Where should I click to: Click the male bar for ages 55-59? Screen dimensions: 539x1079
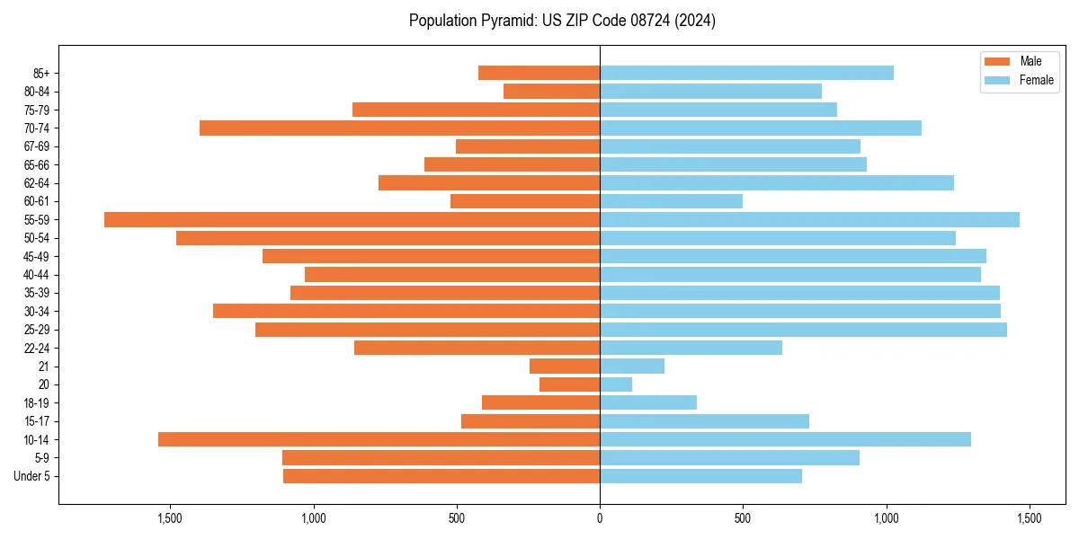(352, 219)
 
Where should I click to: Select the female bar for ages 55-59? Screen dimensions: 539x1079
(809, 219)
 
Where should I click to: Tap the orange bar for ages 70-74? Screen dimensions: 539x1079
(399, 128)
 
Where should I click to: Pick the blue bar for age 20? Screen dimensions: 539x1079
(616, 384)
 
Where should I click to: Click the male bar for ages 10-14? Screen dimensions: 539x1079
(379, 439)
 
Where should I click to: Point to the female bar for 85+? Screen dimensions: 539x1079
(746, 73)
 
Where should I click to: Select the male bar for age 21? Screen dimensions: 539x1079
(565, 366)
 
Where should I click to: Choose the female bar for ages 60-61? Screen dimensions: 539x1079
(671, 201)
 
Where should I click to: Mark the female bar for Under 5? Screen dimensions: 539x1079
(700, 476)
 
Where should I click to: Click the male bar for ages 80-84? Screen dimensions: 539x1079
(551, 91)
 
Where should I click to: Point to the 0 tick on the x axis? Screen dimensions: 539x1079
(600, 518)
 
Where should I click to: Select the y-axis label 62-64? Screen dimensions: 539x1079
(36, 183)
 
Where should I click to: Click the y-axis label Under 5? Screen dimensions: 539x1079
(32, 476)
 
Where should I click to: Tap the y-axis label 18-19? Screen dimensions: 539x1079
(36, 402)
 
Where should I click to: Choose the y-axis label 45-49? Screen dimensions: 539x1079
(36, 256)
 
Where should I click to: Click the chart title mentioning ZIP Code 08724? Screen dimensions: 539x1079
(562, 21)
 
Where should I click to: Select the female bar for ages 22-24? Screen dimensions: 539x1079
(691, 348)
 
